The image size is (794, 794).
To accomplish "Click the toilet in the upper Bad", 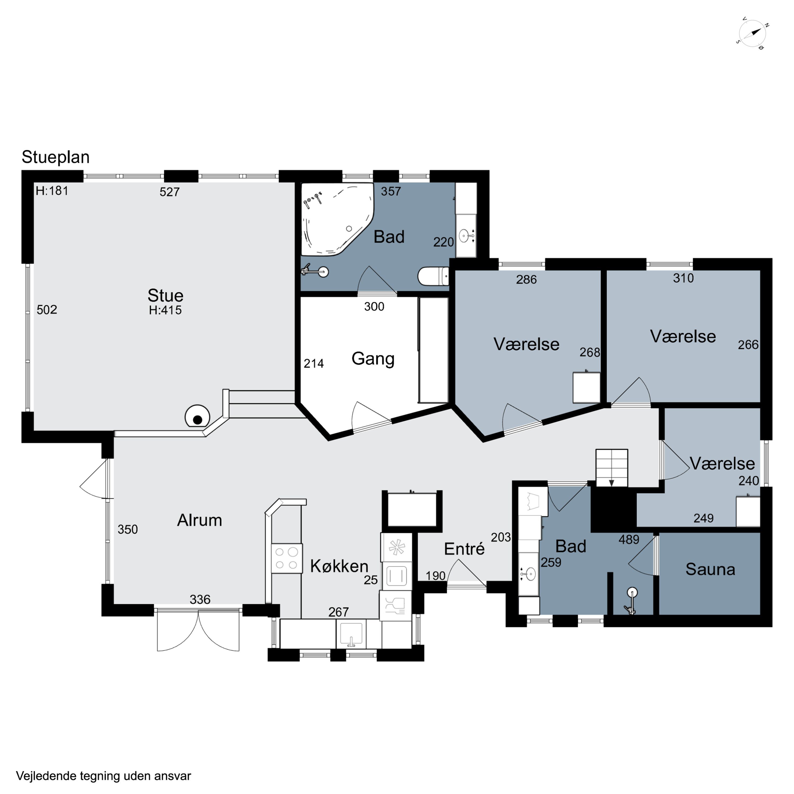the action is [x=433, y=276].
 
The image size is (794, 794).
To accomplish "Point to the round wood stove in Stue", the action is [x=197, y=416].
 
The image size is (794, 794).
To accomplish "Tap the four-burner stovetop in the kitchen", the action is [x=286, y=558].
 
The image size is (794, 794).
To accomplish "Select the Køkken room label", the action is [x=339, y=566].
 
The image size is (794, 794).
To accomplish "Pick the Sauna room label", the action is [x=710, y=569].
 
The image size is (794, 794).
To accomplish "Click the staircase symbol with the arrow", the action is [x=612, y=468].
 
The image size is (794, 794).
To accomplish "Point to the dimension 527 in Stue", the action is [x=170, y=192].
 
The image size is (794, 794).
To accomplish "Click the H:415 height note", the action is [x=165, y=310].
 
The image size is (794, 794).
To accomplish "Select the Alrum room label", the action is [x=199, y=520].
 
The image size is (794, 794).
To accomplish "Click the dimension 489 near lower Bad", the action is [x=629, y=540].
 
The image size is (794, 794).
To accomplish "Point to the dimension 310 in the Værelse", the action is [x=683, y=278].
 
